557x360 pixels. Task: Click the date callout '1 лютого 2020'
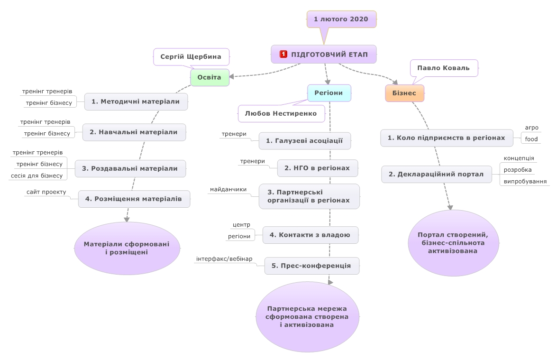[x=341, y=19]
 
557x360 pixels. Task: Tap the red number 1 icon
[x=283, y=55]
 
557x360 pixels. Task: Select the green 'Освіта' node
[x=210, y=77]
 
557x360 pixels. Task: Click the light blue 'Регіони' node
[x=329, y=93]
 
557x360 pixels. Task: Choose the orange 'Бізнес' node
[x=405, y=93]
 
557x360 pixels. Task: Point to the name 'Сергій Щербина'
[x=191, y=57]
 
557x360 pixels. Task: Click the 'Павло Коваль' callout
[x=444, y=68]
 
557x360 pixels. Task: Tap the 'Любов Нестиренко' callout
[x=281, y=114]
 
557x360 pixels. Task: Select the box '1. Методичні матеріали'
[x=136, y=102]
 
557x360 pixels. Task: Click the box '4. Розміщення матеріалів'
[x=134, y=199]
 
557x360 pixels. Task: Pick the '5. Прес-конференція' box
[x=311, y=266]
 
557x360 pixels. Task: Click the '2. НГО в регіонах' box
[x=317, y=168]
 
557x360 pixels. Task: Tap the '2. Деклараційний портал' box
[x=436, y=174]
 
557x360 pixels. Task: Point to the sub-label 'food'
[x=531, y=139]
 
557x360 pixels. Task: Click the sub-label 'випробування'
[x=525, y=181]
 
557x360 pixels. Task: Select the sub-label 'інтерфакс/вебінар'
[x=224, y=259]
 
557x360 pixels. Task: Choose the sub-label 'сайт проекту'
[x=46, y=192]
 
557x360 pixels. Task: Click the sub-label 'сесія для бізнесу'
[x=37, y=175]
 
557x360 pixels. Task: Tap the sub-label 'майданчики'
[x=228, y=189]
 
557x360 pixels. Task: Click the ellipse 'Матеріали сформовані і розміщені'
[x=127, y=249]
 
